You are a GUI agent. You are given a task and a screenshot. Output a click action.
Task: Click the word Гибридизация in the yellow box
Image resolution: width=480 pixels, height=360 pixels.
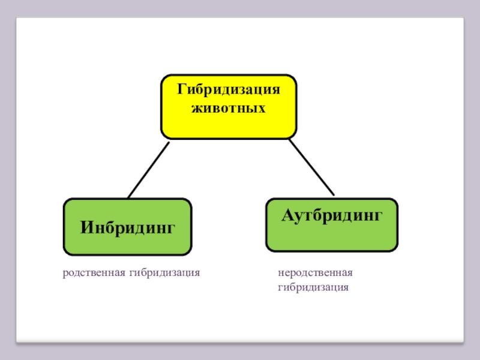(x=228, y=91)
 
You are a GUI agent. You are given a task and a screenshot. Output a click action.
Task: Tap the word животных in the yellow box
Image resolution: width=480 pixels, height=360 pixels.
(x=228, y=109)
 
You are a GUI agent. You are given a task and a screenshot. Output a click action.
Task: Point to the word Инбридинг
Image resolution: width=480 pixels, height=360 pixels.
(x=128, y=228)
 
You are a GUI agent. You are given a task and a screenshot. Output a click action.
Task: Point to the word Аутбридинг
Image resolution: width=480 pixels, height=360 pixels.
(x=331, y=215)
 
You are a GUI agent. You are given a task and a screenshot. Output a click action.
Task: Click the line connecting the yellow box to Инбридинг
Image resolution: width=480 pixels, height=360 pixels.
(x=148, y=170)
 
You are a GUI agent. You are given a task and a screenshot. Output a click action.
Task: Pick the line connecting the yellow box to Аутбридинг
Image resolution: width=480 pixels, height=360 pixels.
(x=311, y=167)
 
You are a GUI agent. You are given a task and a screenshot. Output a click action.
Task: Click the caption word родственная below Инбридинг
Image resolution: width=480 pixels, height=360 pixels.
(x=91, y=273)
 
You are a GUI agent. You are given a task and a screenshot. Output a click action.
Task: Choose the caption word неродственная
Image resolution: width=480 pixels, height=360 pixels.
(x=315, y=273)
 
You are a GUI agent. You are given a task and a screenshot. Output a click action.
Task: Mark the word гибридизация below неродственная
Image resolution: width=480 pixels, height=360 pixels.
(x=313, y=287)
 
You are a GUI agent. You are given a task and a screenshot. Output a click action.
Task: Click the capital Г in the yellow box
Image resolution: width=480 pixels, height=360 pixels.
(x=180, y=90)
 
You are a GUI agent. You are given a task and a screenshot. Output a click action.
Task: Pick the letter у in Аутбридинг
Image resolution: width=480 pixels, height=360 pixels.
(x=298, y=216)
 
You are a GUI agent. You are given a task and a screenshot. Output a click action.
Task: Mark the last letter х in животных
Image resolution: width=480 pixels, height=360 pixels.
(x=262, y=109)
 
